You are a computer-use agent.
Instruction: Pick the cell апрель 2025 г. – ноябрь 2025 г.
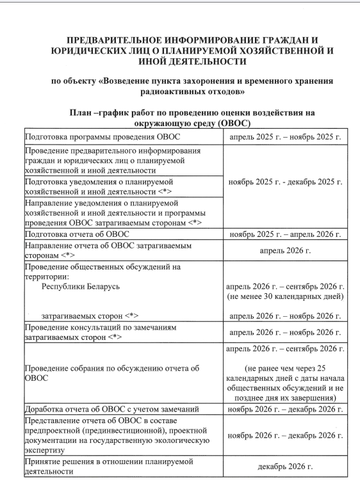(x=286, y=138)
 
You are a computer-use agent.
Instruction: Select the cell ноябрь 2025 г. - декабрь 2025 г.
(x=286, y=180)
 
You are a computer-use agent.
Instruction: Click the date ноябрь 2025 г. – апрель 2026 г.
(x=286, y=234)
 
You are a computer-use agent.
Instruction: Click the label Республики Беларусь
(x=81, y=286)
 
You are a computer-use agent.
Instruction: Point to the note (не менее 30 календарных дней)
(x=286, y=297)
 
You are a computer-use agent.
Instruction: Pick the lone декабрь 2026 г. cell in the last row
(x=286, y=466)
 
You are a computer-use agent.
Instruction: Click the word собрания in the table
(x=92, y=369)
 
